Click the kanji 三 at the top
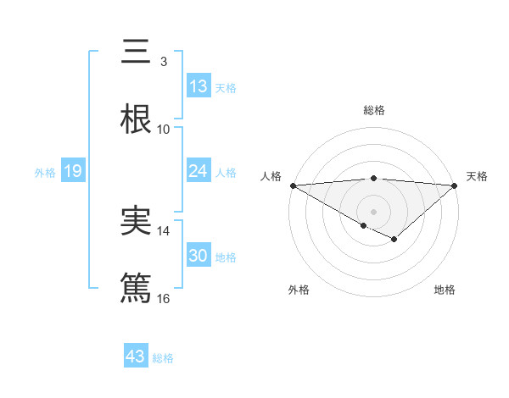point(136,52)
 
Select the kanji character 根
point(136,119)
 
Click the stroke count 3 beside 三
point(163,62)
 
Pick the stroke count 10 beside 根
point(163,130)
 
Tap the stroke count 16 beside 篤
point(163,299)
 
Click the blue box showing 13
point(198,86)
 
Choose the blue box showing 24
point(198,171)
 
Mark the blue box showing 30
point(198,256)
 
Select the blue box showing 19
point(73,171)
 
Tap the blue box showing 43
point(136,357)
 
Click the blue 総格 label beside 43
point(163,358)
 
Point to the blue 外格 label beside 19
point(45,172)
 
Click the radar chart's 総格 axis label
point(373,110)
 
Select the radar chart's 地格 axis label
point(445,290)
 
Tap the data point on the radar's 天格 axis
point(455,185)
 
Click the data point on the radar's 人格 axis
point(293,185)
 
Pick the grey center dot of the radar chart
point(373,211)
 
